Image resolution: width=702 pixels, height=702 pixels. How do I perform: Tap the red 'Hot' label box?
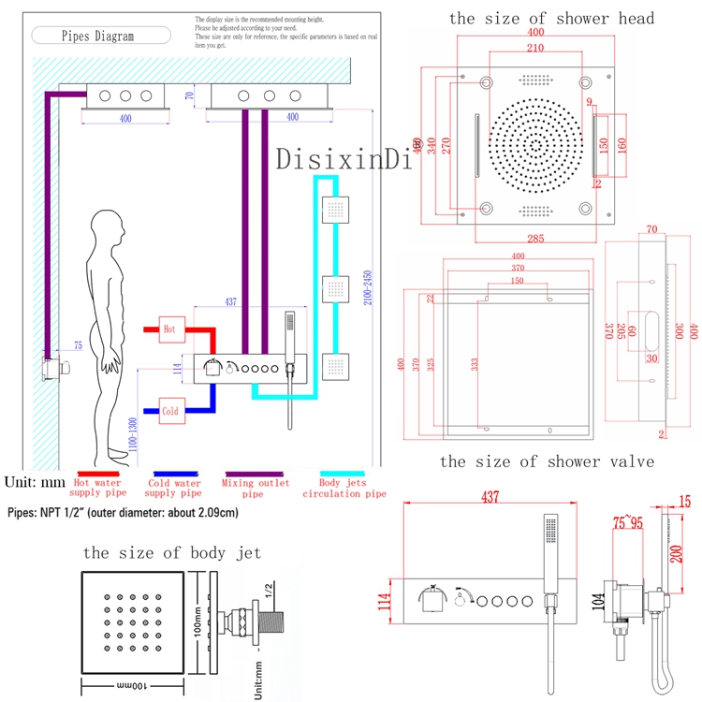pos(169,329)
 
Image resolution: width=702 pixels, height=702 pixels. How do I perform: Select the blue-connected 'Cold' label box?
pos(169,411)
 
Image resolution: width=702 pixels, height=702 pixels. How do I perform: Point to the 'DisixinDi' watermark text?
pos(344,160)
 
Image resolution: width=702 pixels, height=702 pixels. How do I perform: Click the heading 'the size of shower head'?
pos(551,18)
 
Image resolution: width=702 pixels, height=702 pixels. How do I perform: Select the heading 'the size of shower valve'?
pos(546,461)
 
